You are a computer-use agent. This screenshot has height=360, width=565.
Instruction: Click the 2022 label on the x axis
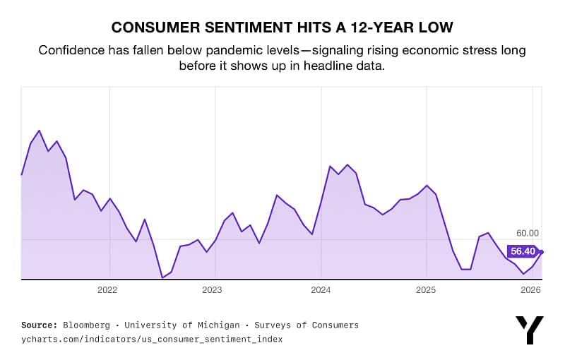107,290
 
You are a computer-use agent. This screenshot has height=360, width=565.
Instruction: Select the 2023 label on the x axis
212,290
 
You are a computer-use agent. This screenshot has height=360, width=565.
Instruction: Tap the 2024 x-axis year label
321,290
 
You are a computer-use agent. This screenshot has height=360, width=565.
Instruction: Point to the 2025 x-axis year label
426,290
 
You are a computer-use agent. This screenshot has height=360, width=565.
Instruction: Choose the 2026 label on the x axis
530,290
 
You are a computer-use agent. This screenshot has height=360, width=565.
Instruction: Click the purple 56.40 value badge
523,251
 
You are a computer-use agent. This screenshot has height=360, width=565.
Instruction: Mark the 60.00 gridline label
527,233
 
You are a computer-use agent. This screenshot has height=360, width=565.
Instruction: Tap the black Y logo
530,330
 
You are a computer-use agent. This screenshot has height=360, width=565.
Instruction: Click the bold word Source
39,325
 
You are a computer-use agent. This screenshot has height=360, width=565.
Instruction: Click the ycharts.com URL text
152,339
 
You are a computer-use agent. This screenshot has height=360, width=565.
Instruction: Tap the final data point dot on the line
541,251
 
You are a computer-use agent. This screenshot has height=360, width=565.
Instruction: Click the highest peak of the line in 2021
40,131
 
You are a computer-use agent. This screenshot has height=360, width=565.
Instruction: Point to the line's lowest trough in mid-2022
162,277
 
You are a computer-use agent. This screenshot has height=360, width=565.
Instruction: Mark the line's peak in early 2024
347,164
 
